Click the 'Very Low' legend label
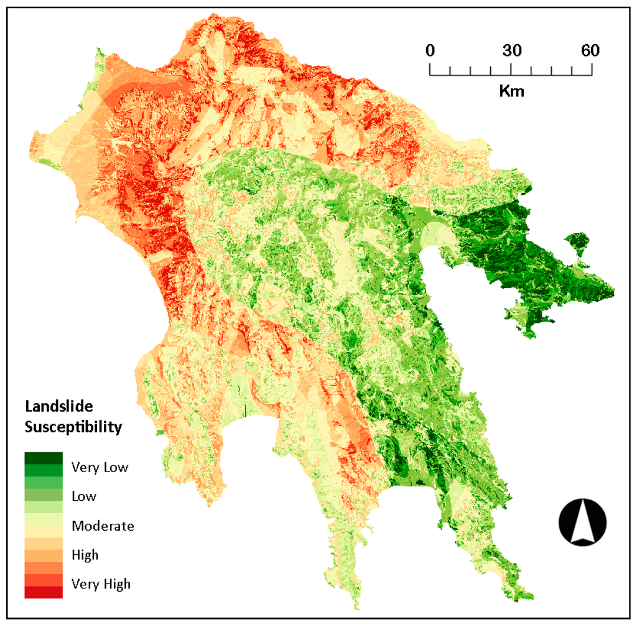pos(100,467)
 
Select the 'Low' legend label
pos(84,496)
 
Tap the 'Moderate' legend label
pos(103,526)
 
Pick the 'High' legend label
pos(85,554)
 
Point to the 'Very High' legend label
pos(101,584)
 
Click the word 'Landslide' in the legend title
pos(58,407)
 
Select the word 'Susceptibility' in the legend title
pos(73,427)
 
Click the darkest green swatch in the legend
pos(44,458)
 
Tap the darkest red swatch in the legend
pos(44,592)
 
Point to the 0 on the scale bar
pos(430,51)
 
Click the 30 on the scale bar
pos(511,51)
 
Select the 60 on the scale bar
pos(590,51)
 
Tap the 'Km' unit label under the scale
pos(511,91)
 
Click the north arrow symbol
pos(582,522)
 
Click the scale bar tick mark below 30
pos(511,70)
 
